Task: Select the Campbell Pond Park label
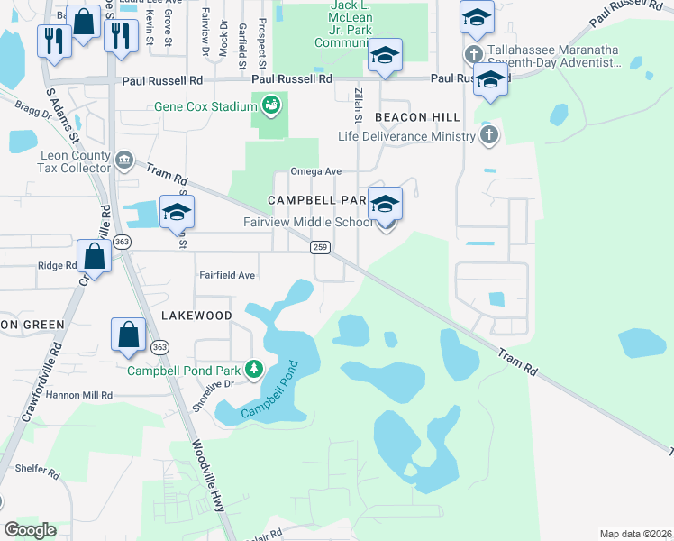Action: pos(184,370)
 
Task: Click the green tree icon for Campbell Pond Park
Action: pos(255,369)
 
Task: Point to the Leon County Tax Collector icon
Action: pos(123,161)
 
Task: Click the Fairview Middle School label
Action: pos(307,222)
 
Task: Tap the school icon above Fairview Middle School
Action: pos(385,204)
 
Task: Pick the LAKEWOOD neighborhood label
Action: pos(196,316)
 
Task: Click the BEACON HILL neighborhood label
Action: pos(417,118)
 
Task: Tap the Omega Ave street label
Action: pos(315,171)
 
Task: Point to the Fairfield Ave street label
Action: pos(227,274)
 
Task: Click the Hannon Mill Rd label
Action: pos(81,395)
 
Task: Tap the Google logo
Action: pos(30,530)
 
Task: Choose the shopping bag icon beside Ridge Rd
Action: pos(94,256)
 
